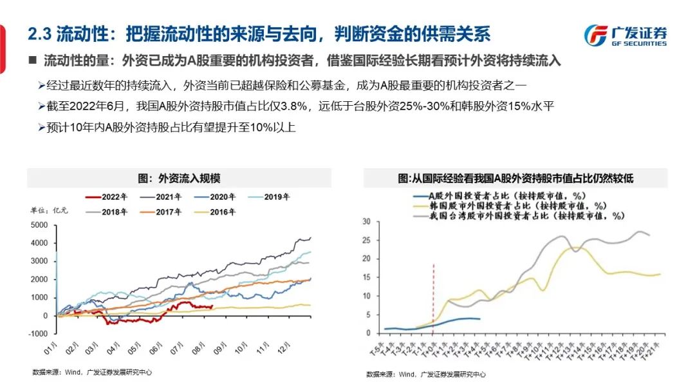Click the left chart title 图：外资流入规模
[x=179, y=179]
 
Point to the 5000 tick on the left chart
[x=39, y=225]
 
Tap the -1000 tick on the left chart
[x=39, y=333]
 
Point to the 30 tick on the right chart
[x=367, y=222]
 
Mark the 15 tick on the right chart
[x=367, y=277]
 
